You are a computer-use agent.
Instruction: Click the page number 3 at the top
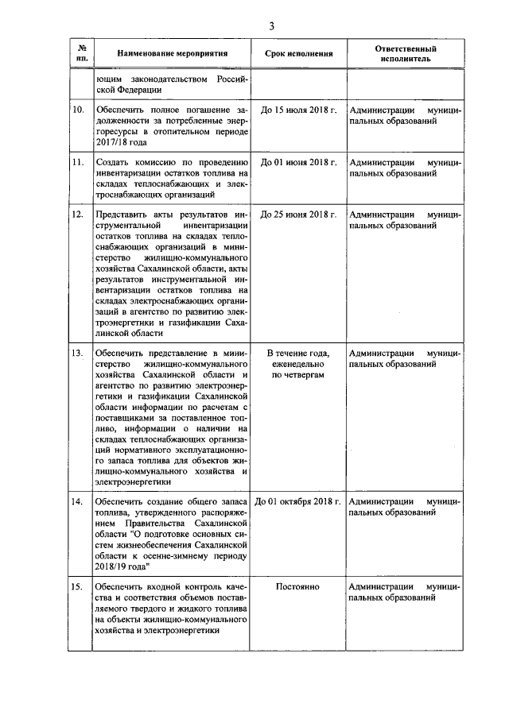[271, 26]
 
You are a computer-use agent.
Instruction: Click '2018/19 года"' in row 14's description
[122, 567]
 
